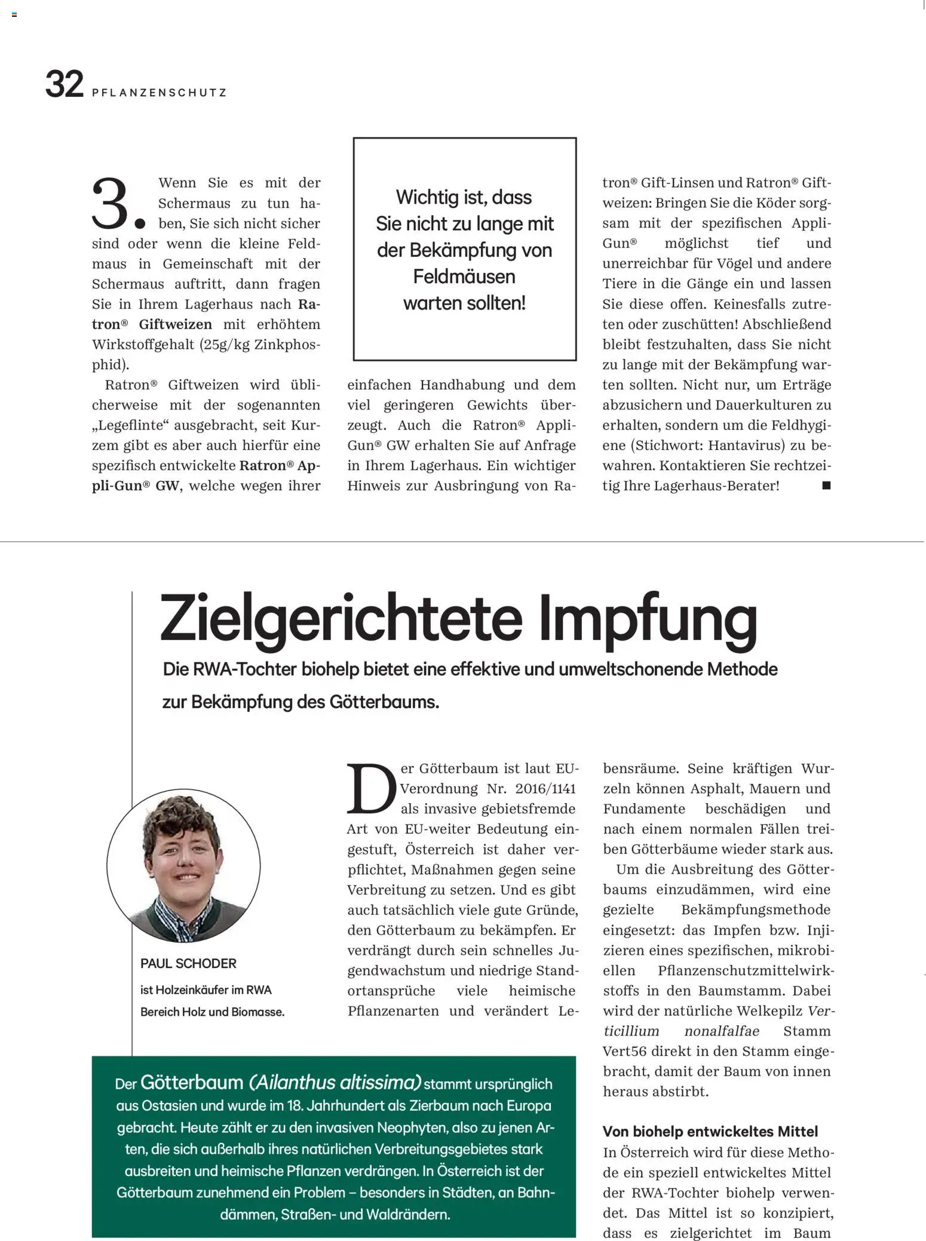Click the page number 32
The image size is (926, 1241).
[x=64, y=84]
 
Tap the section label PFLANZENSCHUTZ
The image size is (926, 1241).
[x=160, y=93]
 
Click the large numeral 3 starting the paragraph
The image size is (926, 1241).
[x=111, y=204]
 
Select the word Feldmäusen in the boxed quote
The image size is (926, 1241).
[x=464, y=277]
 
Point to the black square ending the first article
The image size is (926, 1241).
[x=826, y=485]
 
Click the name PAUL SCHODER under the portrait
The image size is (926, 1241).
[x=188, y=963]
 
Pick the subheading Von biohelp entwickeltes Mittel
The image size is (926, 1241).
[x=710, y=1131]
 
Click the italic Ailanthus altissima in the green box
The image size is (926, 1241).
[x=335, y=1083]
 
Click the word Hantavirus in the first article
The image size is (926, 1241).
[x=744, y=445]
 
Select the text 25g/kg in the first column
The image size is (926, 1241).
[x=226, y=345]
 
